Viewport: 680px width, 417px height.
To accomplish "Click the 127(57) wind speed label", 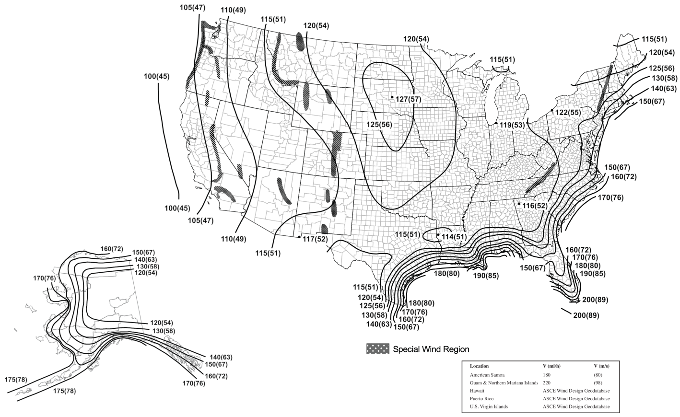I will (x=408, y=99).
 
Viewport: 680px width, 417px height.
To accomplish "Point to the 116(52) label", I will (x=535, y=206).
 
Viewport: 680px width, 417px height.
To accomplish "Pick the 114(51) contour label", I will (x=454, y=237).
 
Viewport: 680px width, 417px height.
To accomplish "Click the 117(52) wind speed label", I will (x=315, y=239).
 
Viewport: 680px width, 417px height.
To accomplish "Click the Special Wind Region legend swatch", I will (x=377, y=349).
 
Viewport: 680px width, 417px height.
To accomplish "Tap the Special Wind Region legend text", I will (x=430, y=349).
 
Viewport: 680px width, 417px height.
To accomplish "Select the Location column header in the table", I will (x=480, y=366).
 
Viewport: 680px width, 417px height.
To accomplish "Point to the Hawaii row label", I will (x=477, y=391).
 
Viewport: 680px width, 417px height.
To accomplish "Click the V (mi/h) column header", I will (x=551, y=366).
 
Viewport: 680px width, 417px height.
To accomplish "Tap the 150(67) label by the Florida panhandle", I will (x=533, y=267).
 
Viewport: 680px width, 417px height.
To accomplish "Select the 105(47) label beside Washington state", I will (x=193, y=8).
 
